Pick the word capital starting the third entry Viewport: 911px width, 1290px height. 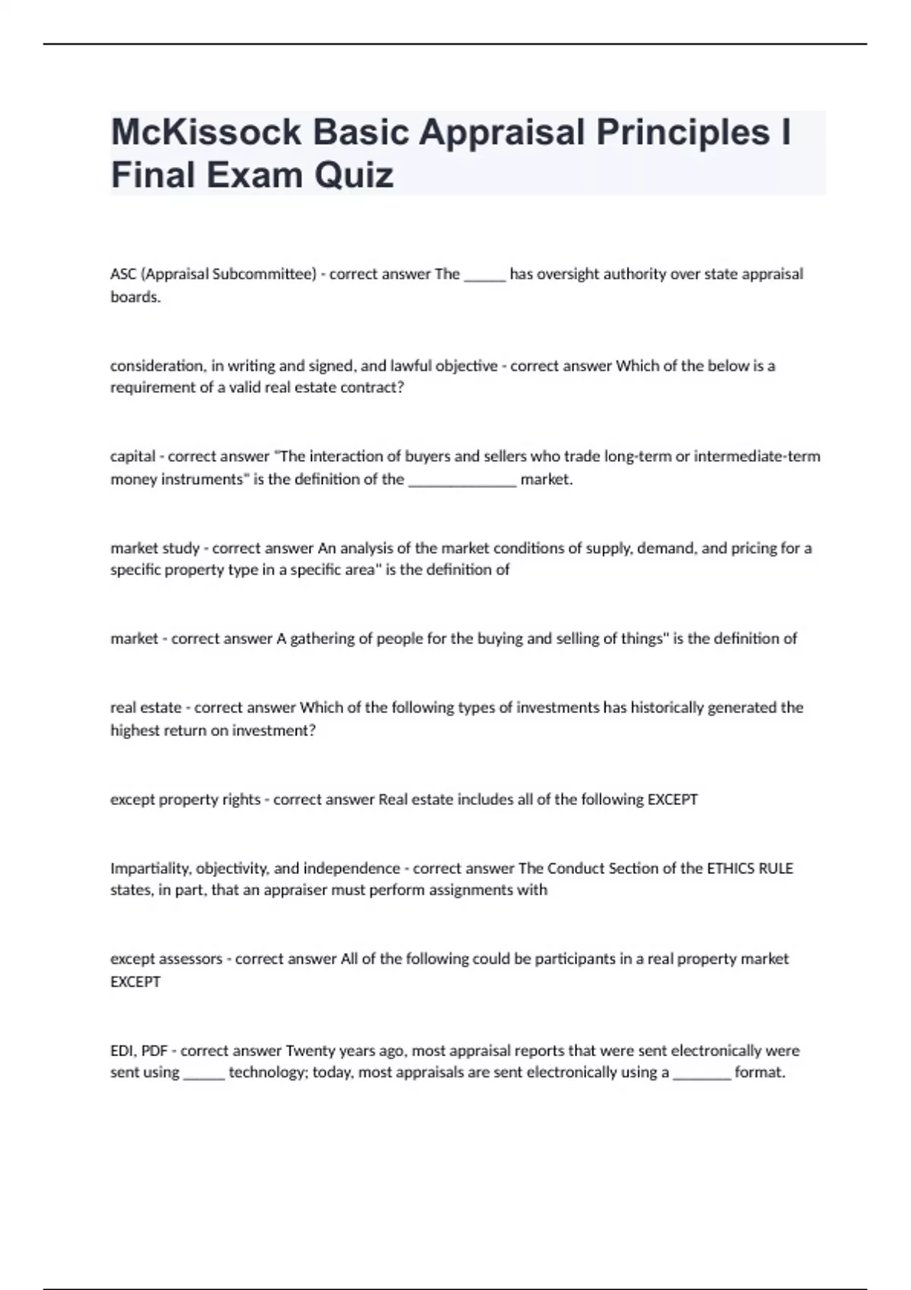[x=133, y=457]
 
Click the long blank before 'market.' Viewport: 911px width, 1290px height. [x=462, y=483]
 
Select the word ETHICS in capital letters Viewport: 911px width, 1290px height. [x=730, y=868]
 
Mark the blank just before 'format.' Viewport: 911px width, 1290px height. [x=701, y=1077]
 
